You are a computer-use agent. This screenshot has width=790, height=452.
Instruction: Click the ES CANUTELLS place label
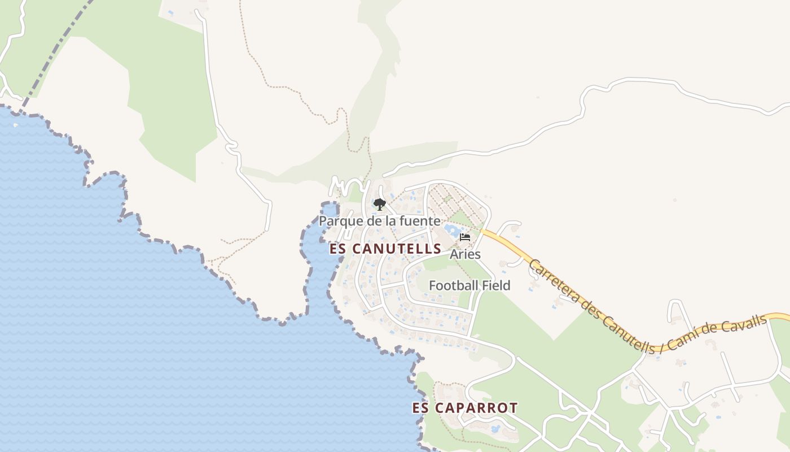point(385,249)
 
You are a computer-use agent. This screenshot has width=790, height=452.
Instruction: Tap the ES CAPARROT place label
point(464,408)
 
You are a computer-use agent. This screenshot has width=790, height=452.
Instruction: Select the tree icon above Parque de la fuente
point(380,205)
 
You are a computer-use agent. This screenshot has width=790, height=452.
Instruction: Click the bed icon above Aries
point(465,237)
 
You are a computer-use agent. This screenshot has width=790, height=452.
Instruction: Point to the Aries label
point(465,254)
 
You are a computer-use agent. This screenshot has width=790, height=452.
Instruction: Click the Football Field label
point(469,285)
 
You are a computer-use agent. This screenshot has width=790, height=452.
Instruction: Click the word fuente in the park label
point(420,220)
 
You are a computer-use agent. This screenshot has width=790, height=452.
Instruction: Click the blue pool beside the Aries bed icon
point(452,230)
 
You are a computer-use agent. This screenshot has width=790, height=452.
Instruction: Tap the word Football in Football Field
point(453,285)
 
